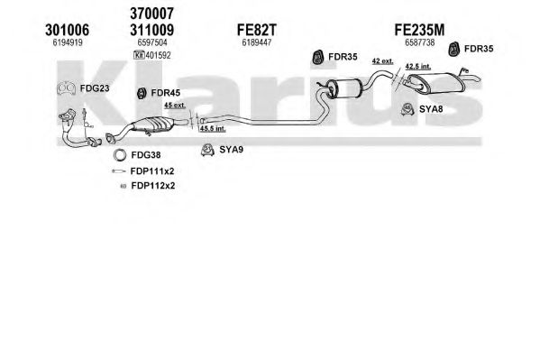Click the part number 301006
[67, 30]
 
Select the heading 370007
[151, 14]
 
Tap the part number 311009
[151, 30]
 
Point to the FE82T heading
[257, 30]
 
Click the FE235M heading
[419, 30]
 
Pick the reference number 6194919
[68, 42]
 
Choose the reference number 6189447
[257, 42]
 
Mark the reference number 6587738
[419, 42]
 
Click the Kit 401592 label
[151, 55]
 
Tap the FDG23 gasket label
[95, 88]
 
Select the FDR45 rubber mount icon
[142, 93]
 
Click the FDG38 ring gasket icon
[120, 155]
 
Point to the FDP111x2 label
[152, 171]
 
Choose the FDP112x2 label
[153, 186]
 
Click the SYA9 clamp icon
[207, 150]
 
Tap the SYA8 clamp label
[431, 109]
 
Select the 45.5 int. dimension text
[213, 129]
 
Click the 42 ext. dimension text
[382, 61]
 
